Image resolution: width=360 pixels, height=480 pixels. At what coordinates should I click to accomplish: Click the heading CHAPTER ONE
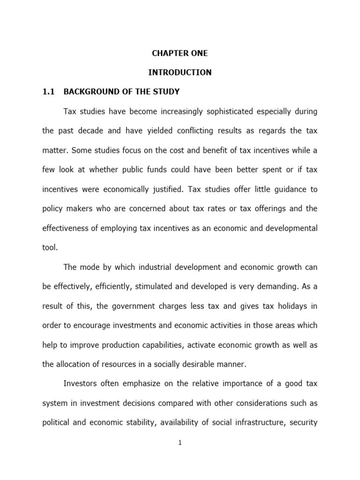180,53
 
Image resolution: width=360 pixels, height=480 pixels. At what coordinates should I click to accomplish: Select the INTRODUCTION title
180,73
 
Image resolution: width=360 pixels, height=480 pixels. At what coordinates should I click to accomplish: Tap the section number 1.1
49,92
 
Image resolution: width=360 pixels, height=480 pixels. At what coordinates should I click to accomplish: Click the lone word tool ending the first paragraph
50,248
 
